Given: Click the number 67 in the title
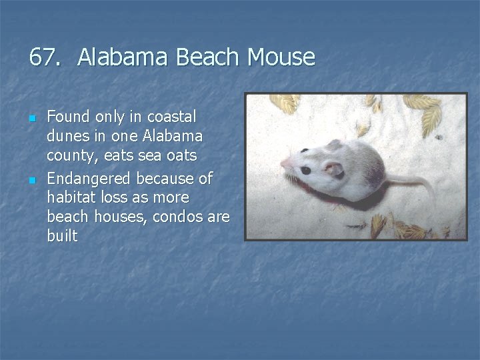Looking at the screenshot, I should (43, 57).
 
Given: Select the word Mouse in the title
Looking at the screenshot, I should (281, 57).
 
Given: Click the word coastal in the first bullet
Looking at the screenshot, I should (172, 117).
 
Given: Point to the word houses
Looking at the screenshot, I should (111, 217).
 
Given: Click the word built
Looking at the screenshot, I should (62, 237).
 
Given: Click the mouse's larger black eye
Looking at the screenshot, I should (305, 171).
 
